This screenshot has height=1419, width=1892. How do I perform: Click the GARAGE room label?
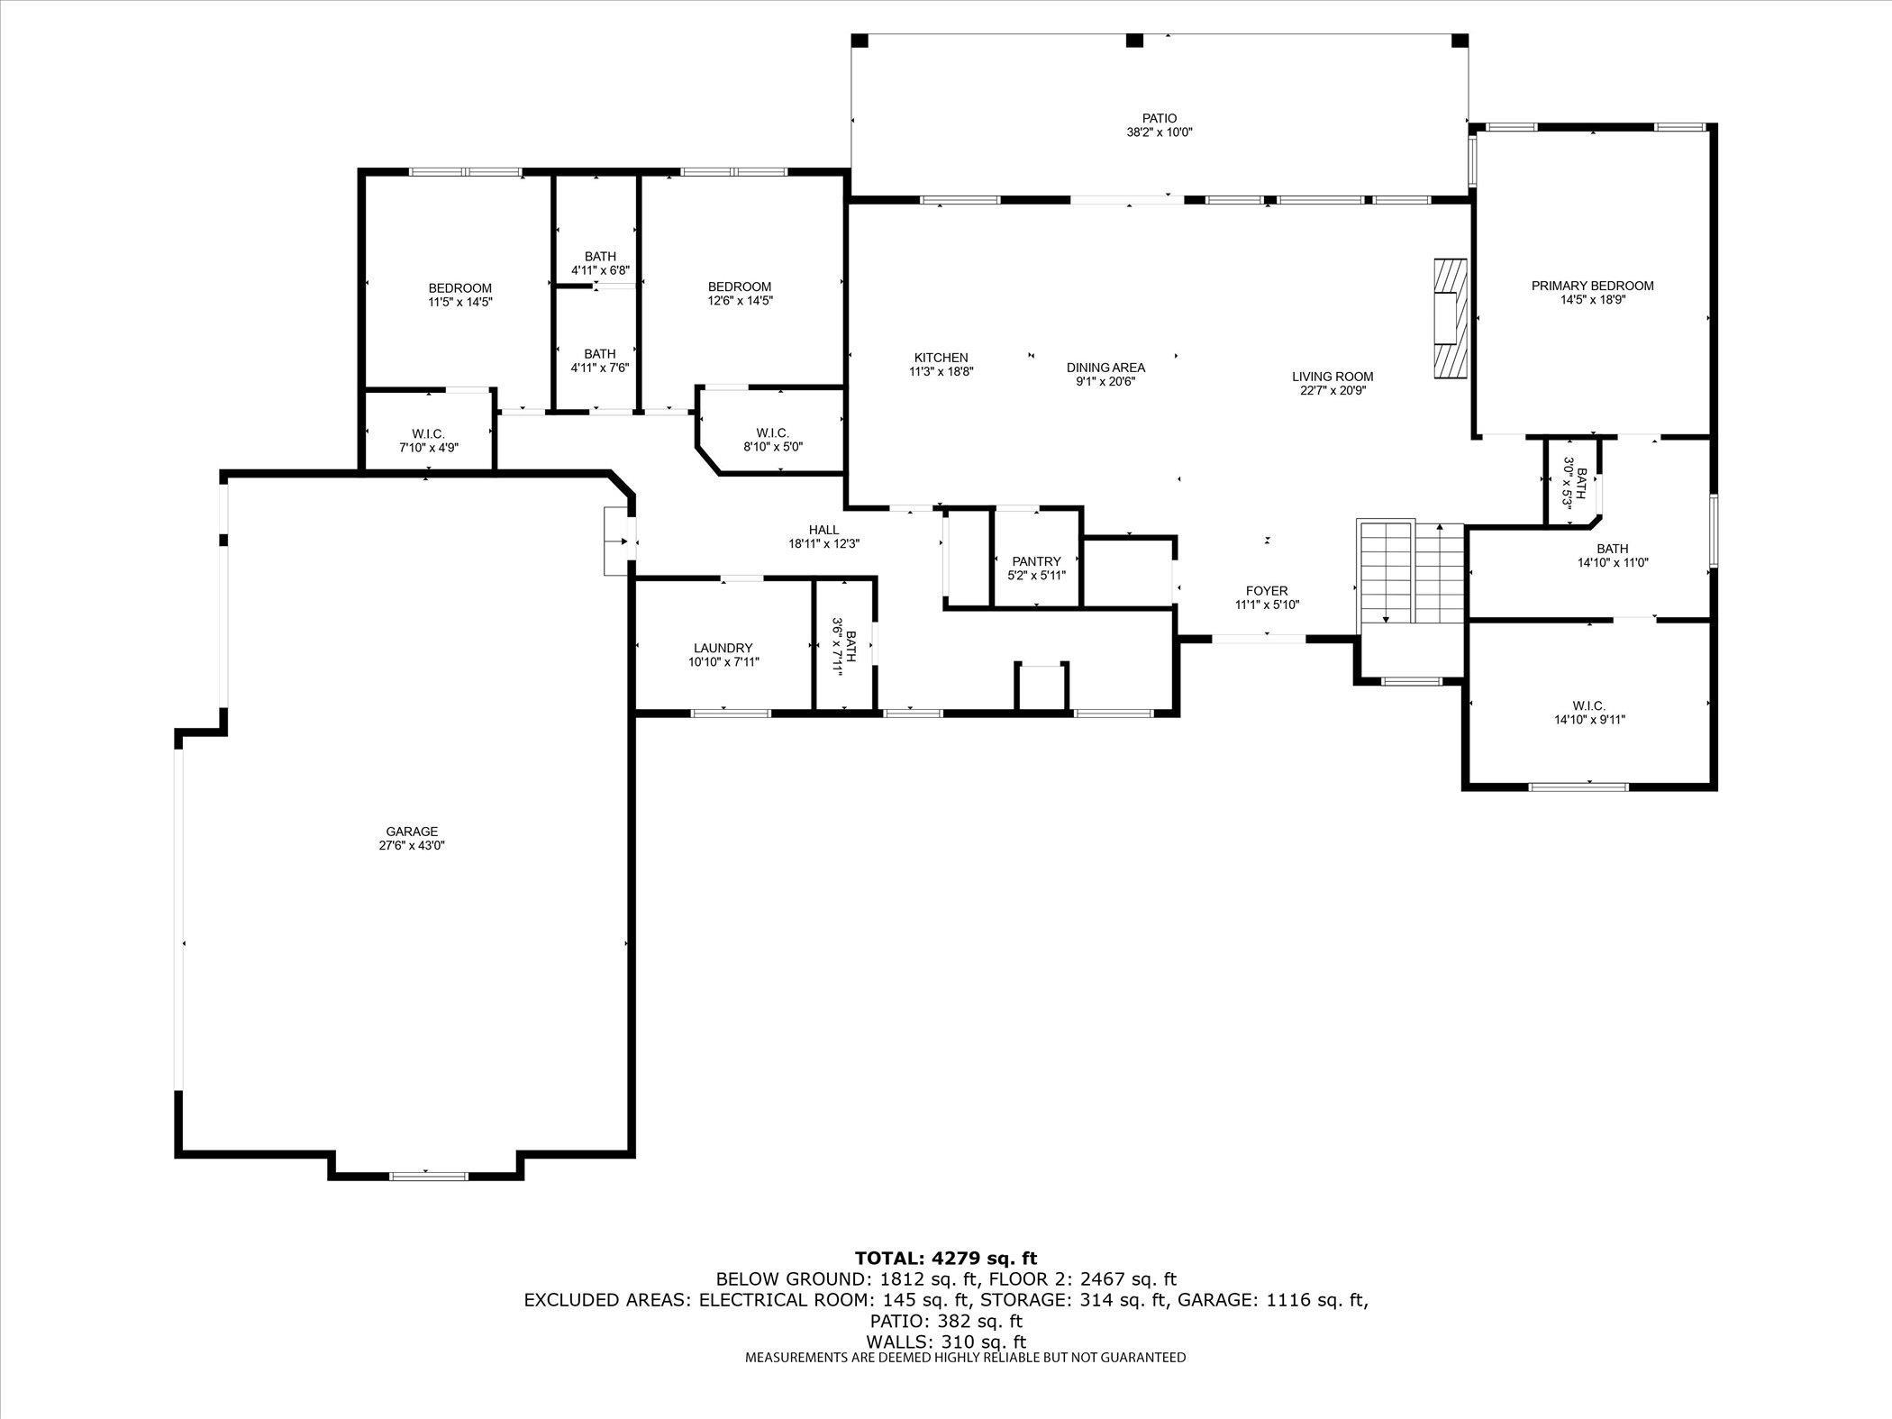coord(412,832)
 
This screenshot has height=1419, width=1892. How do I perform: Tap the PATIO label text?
coord(1159,118)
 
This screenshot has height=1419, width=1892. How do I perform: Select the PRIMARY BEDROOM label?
coord(1592,286)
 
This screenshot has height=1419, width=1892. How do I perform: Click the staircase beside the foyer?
coord(1410,572)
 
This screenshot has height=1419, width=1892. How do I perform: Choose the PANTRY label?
coord(1035,561)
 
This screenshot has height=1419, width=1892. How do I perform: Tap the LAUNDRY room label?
coord(723,648)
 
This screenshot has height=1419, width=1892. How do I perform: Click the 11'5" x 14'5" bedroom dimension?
coord(459,302)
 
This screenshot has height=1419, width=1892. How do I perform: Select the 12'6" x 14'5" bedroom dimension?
coord(740,301)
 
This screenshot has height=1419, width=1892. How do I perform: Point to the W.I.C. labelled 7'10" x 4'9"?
coord(428,440)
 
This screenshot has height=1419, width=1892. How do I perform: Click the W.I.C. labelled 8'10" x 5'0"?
coord(772,439)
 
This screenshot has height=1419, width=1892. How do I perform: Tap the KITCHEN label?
coord(941,358)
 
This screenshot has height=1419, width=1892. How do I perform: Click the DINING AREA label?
coord(1105,367)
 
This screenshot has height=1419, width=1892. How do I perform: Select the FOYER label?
coord(1266,591)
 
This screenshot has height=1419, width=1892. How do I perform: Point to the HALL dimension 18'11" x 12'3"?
coord(823,543)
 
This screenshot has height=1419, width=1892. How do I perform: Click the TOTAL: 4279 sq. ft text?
coord(945,1258)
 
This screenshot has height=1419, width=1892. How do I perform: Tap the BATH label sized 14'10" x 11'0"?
coord(1612,549)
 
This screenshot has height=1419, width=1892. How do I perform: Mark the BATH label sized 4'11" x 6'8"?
coord(599,257)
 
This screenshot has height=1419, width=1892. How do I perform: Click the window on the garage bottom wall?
coord(428,1175)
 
